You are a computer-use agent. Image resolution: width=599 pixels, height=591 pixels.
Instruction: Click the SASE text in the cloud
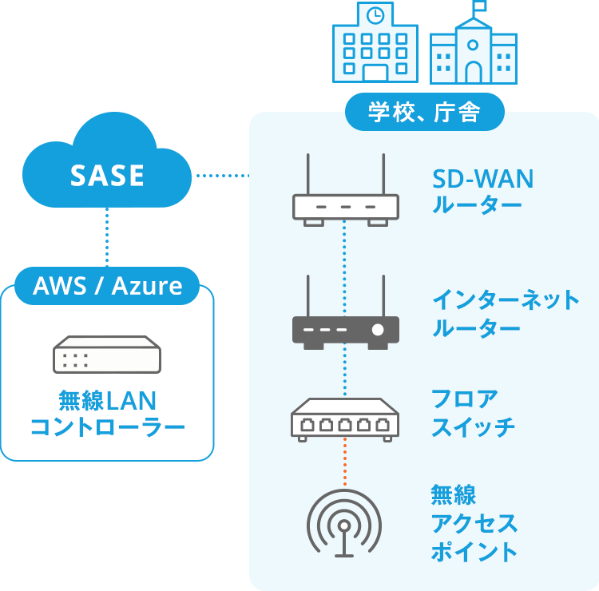pos(107,176)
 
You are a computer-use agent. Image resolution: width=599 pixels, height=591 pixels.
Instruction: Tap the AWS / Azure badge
pos(107,286)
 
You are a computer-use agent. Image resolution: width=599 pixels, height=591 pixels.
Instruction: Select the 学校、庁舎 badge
pos(424,113)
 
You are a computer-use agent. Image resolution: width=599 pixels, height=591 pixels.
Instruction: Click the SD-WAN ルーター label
pos(482,192)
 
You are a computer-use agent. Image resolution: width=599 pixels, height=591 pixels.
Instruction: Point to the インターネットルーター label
pos(505,314)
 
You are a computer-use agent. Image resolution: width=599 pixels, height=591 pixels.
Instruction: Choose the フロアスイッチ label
pos(473,412)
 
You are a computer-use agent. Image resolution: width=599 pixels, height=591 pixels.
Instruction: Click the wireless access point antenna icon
pos(344,524)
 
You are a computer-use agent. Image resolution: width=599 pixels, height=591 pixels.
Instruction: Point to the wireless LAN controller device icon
pos(106,355)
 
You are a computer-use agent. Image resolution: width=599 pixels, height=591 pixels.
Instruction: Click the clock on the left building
pos(375,15)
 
